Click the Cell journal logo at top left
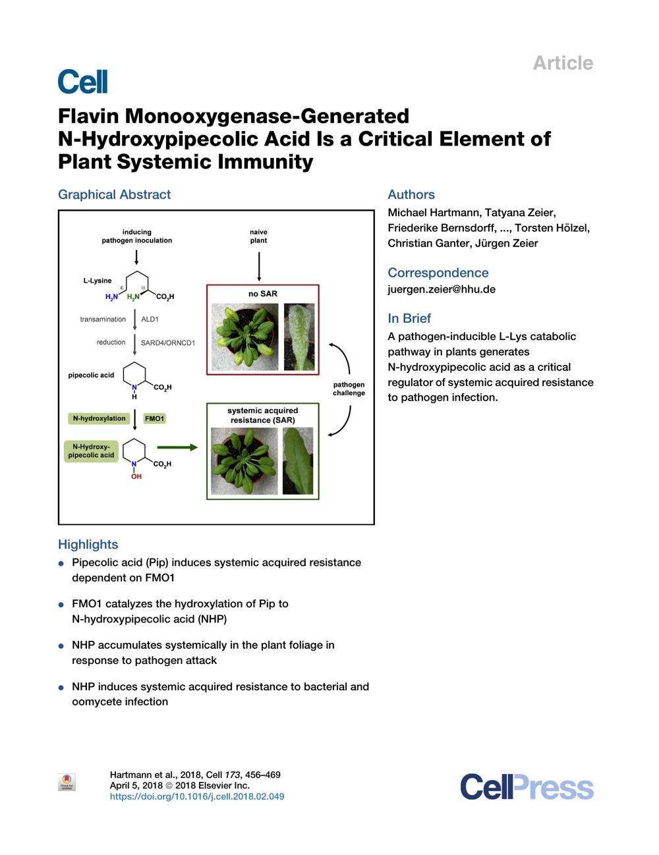[x=82, y=82]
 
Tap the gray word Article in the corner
[x=563, y=63]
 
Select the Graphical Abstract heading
[x=114, y=194]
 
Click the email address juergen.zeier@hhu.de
[x=442, y=289]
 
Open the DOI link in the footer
[x=197, y=796]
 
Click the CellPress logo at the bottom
[x=527, y=786]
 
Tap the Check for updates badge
[x=67, y=782]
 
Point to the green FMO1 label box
[x=154, y=418]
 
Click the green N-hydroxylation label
[x=99, y=418]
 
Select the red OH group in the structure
[x=136, y=476]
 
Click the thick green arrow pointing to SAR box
[x=177, y=447]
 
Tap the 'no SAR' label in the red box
[x=262, y=294]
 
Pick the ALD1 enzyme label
[x=150, y=319]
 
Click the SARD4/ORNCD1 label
[x=167, y=343]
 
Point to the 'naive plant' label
[x=258, y=236]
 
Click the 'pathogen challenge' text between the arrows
[x=349, y=389]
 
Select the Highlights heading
[x=88, y=544]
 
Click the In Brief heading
[x=409, y=318]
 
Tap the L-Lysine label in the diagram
[x=98, y=281]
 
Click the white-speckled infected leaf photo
[x=299, y=337]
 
